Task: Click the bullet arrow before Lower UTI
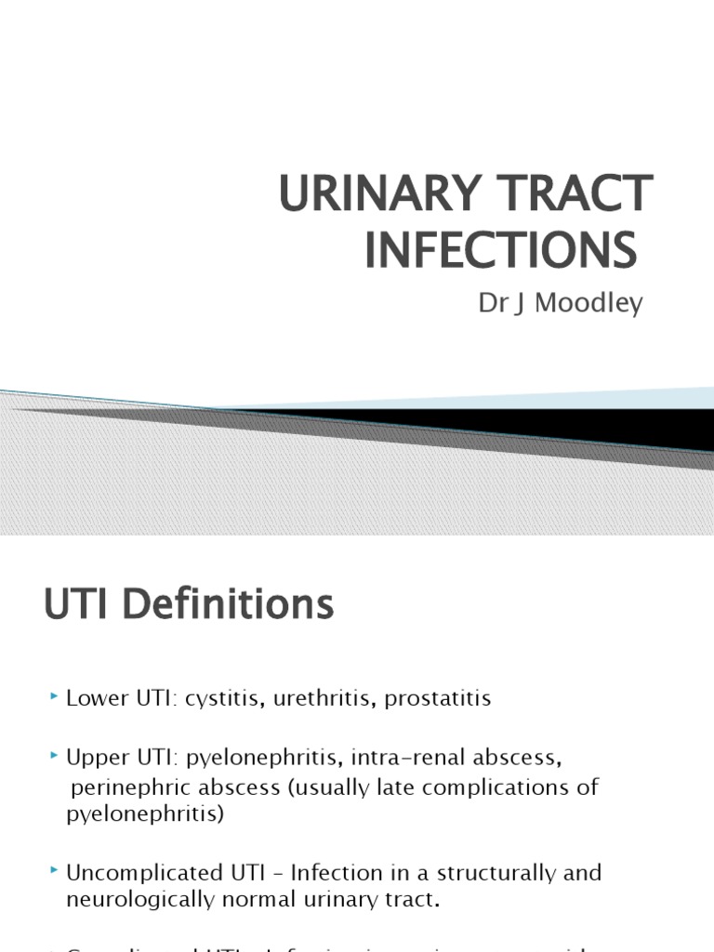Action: [55, 696]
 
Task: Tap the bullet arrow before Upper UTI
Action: [55, 757]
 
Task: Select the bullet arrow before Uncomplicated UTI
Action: [55, 872]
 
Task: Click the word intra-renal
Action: [411, 759]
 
